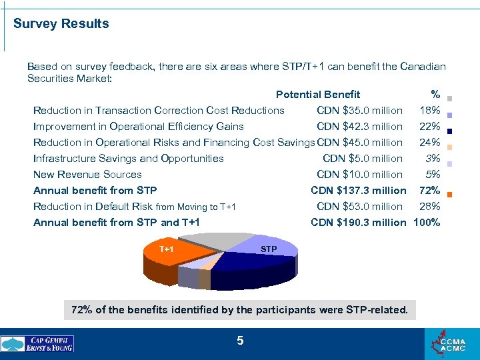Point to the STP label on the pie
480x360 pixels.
pos(269,249)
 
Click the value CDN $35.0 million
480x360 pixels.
pos(359,111)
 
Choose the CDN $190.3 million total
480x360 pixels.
pos(358,223)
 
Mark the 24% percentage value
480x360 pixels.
pos(429,143)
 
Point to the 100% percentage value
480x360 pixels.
pos(427,223)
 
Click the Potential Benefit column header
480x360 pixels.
pos(318,95)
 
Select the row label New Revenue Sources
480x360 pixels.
pos(87,175)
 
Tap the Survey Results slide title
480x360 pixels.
pos(61,24)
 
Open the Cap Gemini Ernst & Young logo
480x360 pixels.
pos(37,343)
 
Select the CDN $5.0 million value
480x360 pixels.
pos(362,159)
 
